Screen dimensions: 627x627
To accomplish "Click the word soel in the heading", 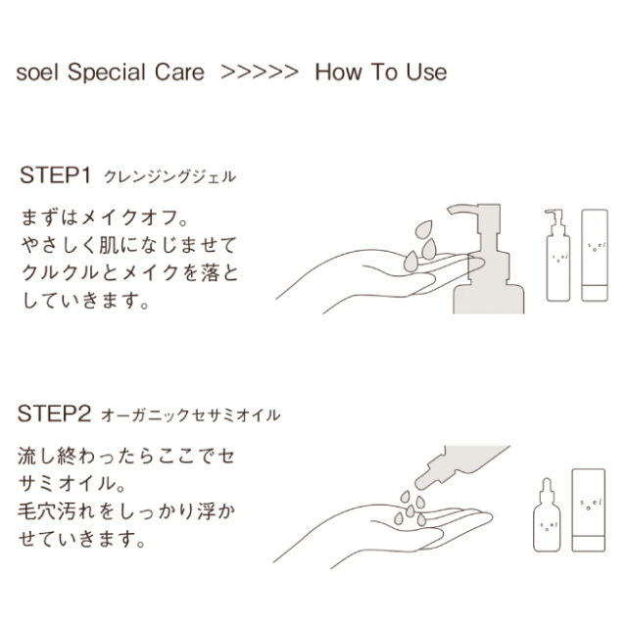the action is (x=37, y=72).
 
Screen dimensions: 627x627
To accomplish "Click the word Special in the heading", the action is (x=107, y=72).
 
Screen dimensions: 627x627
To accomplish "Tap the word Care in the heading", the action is (x=179, y=72).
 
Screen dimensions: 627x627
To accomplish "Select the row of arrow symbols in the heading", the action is (x=260, y=72).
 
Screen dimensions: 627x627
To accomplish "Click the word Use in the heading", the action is (x=426, y=72).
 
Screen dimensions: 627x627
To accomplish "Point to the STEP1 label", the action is (x=55, y=175).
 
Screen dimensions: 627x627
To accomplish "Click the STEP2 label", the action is (x=55, y=413).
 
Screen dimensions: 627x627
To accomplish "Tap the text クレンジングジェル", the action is (x=169, y=176).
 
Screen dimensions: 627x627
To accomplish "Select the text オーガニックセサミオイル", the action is (x=191, y=414).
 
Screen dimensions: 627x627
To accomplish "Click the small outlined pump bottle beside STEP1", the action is (x=557, y=255).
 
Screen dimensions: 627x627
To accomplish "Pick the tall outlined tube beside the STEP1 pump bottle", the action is (x=595, y=255).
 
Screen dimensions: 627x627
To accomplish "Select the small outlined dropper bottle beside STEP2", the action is (x=547, y=515).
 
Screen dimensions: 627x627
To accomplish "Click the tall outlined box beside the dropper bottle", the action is (x=589, y=510).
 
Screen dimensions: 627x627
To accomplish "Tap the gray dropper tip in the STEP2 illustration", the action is (x=424, y=481).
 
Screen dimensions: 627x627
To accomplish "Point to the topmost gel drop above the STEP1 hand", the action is (x=424, y=229).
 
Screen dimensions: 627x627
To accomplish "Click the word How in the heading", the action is (x=339, y=72).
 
